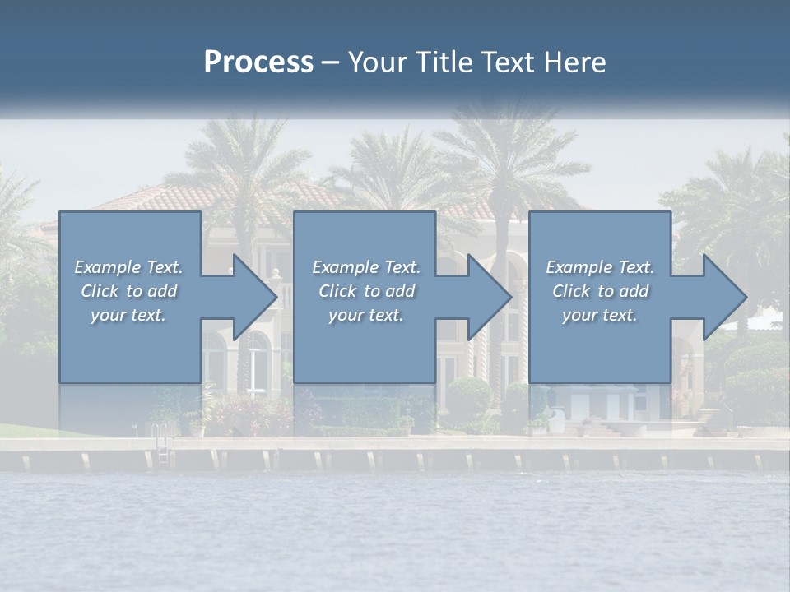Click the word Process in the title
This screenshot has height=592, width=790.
pos(258,62)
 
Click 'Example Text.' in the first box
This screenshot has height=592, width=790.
pos(128,267)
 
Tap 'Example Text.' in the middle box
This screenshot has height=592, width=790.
pos(366,267)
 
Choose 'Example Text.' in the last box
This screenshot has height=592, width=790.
pos(600,267)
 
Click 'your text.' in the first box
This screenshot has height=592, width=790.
pos(128,315)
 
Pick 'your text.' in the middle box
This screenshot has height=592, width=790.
pos(366,315)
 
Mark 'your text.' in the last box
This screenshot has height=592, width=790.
pos(600,315)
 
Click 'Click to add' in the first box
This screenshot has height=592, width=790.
pos(128,291)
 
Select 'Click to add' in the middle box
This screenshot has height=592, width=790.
pos(366,291)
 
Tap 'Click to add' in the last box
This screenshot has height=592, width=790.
pos(600,291)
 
